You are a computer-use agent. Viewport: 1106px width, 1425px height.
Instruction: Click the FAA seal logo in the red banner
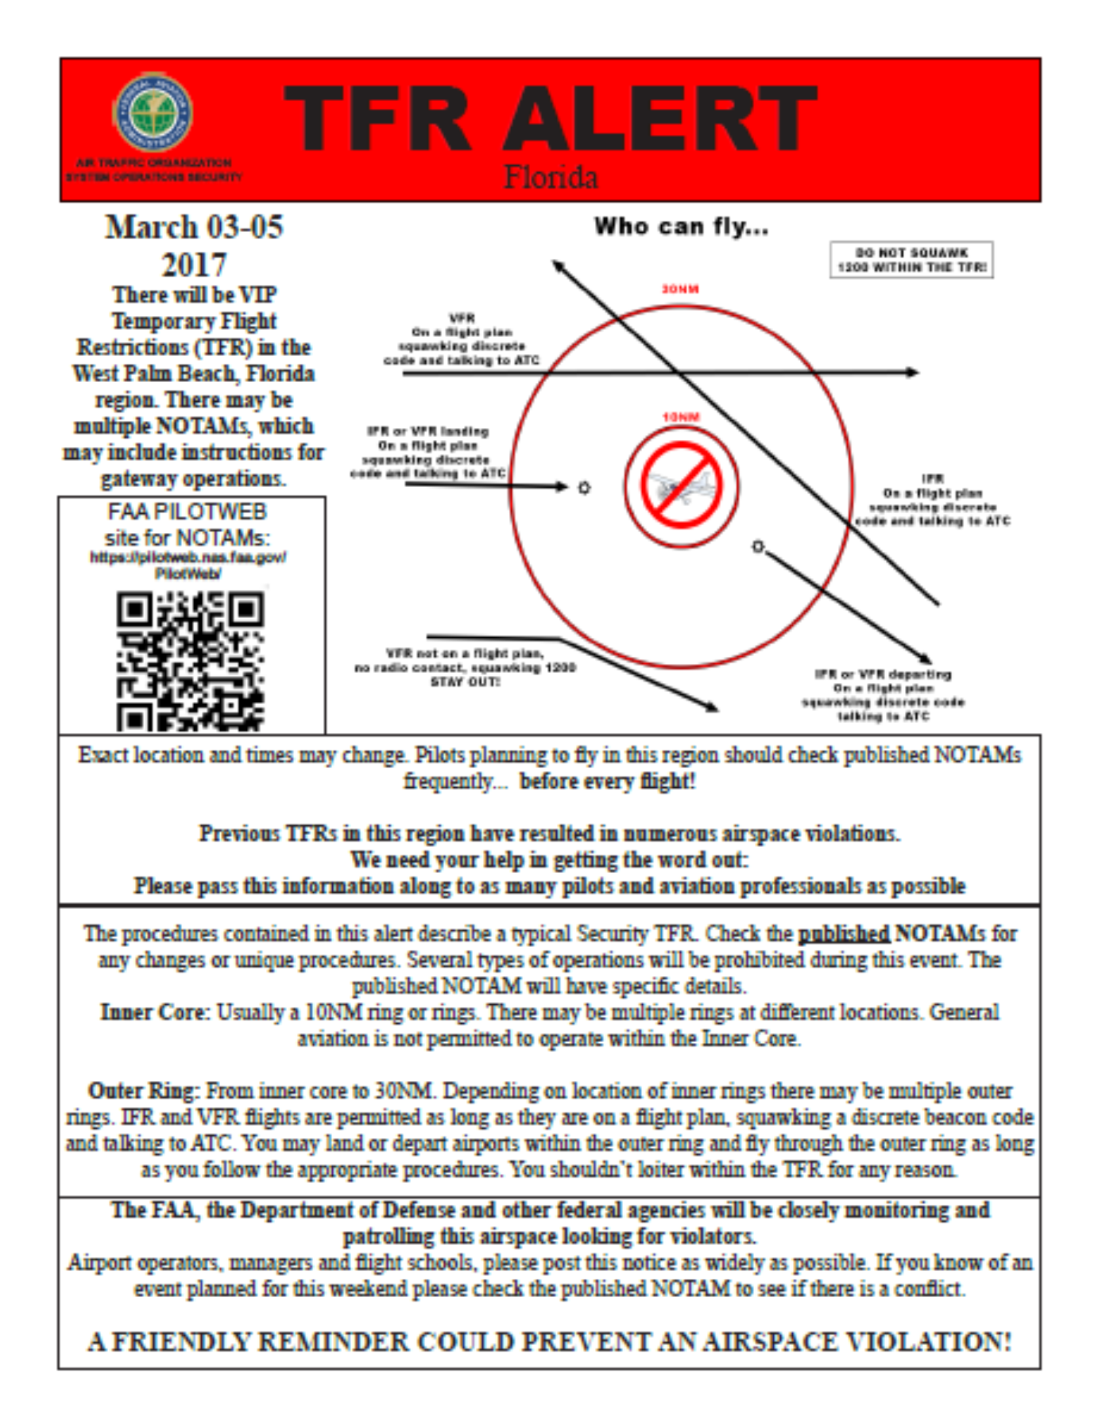pyautogui.click(x=153, y=112)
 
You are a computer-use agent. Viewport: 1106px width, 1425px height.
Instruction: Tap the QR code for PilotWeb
pyautogui.click(x=190, y=661)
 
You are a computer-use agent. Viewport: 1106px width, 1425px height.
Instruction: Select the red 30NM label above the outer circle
pyautogui.click(x=679, y=289)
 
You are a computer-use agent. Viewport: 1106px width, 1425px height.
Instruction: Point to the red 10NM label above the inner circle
pyautogui.click(x=681, y=417)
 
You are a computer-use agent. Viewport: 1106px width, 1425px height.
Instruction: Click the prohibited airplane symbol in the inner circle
pyautogui.click(x=681, y=486)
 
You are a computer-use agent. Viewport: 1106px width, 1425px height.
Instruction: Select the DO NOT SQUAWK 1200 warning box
pyautogui.click(x=911, y=260)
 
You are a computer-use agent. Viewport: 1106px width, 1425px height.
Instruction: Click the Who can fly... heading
pyautogui.click(x=681, y=227)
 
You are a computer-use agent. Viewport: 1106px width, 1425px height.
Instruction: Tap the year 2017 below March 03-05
pyautogui.click(x=193, y=265)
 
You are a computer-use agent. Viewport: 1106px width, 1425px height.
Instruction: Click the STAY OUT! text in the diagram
pyautogui.click(x=465, y=682)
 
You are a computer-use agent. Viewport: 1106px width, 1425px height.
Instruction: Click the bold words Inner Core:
pyautogui.click(x=155, y=1013)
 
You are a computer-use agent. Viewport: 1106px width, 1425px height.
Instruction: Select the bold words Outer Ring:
pyautogui.click(x=143, y=1091)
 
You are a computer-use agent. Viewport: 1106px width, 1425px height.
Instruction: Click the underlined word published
pyautogui.click(x=843, y=933)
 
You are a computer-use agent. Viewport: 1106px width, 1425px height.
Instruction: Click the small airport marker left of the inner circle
pyautogui.click(x=584, y=487)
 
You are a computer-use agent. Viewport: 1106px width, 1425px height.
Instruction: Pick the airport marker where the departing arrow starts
pyautogui.click(x=757, y=546)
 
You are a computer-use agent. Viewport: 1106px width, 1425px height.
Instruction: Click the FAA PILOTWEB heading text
pyautogui.click(x=187, y=512)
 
